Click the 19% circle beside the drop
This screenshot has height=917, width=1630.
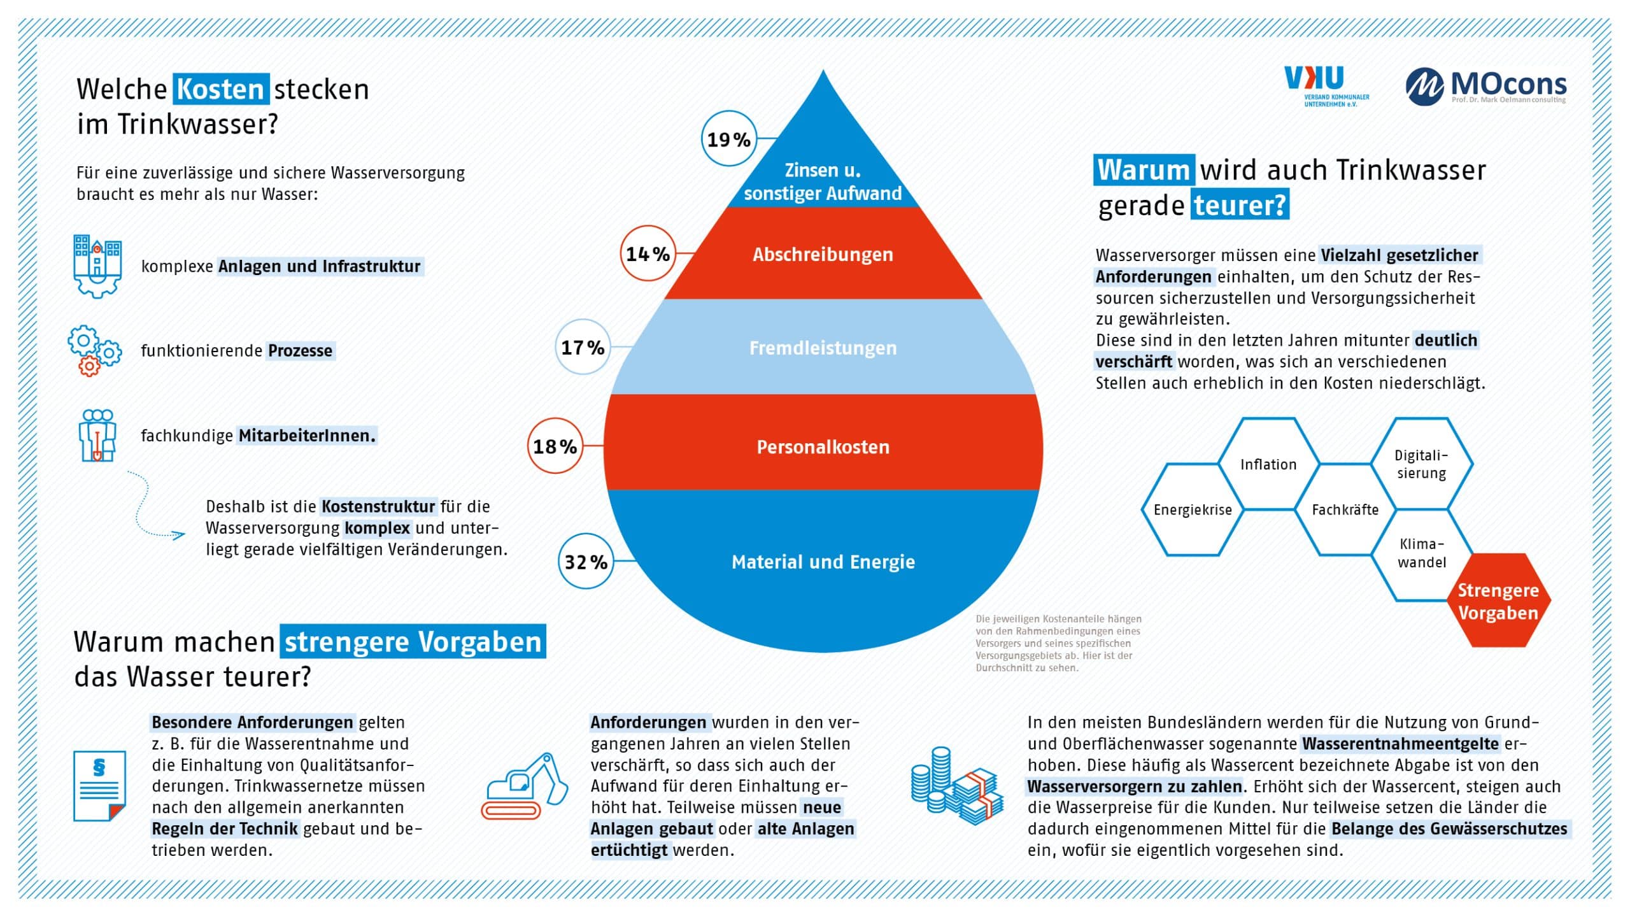(x=729, y=139)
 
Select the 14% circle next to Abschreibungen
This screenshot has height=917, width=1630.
(x=648, y=253)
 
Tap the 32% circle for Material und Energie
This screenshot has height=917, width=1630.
(x=586, y=561)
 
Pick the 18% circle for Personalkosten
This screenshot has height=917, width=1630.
(x=555, y=446)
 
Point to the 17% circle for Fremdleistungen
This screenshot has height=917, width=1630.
(x=583, y=347)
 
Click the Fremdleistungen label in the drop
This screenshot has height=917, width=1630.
(x=823, y=348)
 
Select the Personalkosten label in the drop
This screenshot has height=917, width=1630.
(x=823, y=447)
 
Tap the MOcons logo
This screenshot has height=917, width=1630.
(x=1485, y=87)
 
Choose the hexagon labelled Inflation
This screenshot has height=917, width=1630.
(x=1268, y=464)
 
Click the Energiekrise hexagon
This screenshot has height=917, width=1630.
(x=1193, y=509)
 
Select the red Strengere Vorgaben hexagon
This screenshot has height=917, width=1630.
(x=1498, y=601)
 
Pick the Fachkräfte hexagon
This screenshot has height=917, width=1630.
(x=1345, y=509)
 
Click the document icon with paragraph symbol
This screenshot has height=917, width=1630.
(x=99, y=786)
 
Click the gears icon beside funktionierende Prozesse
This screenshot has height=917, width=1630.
(x=94, y=350)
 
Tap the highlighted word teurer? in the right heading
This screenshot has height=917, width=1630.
(x=1240, y=205)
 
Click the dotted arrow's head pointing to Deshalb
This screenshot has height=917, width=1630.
(x=180, y=535)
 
